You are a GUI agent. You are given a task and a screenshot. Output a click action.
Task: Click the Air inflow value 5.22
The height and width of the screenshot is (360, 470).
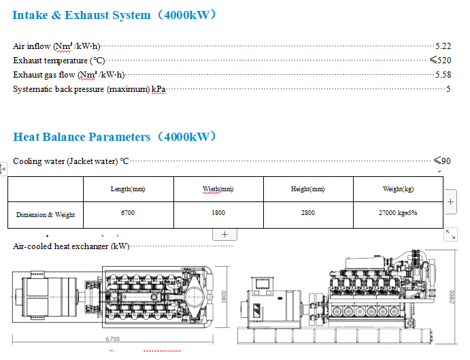coord(443,46)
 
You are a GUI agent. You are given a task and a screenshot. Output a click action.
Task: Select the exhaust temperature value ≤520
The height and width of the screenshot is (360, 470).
coord(440,61)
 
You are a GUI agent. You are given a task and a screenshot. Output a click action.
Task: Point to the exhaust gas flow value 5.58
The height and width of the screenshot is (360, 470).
coord(443,75)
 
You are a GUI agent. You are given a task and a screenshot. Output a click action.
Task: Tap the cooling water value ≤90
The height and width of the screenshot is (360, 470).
coord(442,161)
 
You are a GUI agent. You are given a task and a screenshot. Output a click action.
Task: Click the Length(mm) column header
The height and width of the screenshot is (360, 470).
coord(128,189)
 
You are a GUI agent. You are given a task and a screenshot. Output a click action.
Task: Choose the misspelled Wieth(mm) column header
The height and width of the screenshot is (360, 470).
coord(218,189)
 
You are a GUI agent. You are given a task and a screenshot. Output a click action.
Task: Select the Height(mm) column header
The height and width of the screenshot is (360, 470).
coord(308,189)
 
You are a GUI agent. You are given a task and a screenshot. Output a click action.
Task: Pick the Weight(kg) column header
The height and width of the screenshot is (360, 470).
coord(399,189)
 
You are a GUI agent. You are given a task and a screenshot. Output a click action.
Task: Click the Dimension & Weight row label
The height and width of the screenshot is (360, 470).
coord(46,215)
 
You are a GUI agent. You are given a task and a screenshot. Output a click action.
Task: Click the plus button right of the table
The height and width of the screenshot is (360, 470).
coord(450,202)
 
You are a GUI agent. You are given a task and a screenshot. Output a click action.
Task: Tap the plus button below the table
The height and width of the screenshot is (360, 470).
coord(225,234)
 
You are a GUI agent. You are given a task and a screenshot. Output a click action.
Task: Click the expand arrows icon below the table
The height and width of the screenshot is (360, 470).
coord(450,234)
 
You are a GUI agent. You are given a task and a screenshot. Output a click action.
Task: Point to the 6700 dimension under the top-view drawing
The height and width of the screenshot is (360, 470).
coord(113,339)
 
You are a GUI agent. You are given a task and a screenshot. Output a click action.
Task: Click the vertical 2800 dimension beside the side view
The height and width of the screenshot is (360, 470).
coord(452,297)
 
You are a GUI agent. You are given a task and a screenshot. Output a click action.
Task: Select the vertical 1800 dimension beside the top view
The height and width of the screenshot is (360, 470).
coord(224,297)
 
